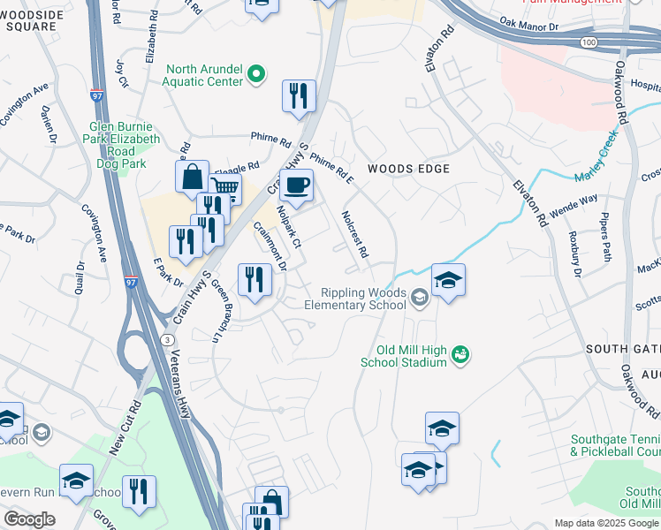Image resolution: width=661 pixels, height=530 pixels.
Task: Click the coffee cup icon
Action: point(296,185)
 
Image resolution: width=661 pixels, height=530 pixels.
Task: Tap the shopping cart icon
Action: point(225,188)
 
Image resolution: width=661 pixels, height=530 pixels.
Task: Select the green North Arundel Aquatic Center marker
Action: point(257,74)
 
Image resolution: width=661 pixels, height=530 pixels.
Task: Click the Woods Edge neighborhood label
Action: point(409,169)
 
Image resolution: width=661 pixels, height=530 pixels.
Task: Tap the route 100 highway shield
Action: point(588,42)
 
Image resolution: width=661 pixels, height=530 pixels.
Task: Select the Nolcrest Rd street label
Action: point(355,234)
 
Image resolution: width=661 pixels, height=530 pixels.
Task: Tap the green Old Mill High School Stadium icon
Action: point(460,355)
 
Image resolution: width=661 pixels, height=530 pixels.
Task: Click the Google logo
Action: point(28,519)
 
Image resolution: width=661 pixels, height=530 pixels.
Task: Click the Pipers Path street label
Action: point(606,236)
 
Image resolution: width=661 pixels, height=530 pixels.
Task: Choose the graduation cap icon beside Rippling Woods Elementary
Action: point(448,280)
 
